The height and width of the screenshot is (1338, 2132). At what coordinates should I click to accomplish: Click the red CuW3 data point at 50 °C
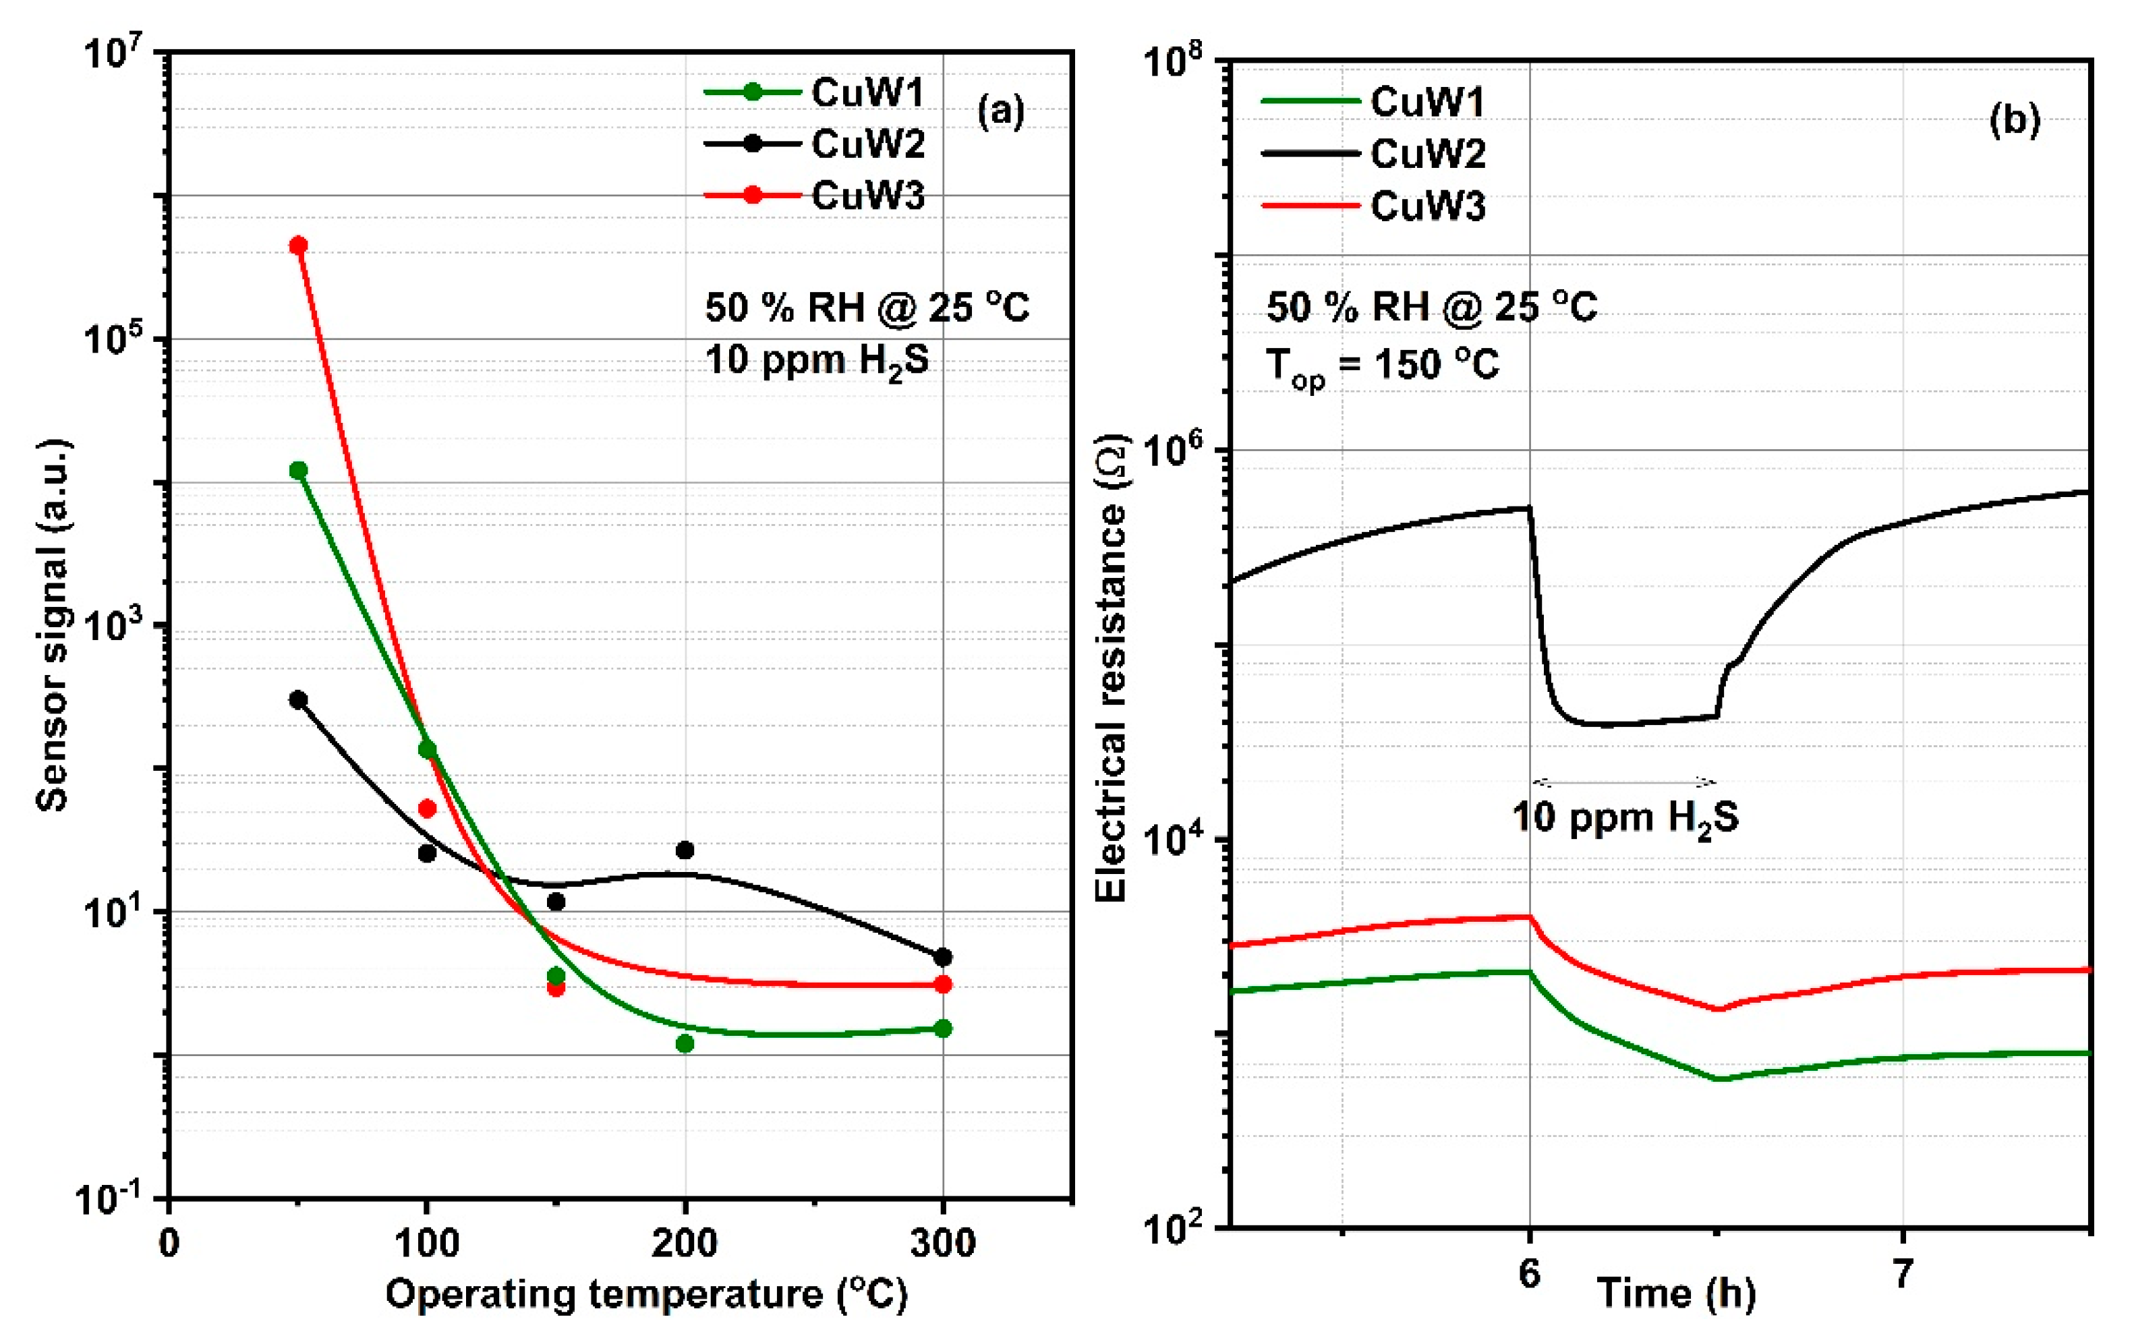coord(298,245)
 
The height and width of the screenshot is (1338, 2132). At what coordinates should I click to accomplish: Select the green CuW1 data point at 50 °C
coord(298,470)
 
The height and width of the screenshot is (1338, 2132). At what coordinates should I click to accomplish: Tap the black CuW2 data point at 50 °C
coord(298,700)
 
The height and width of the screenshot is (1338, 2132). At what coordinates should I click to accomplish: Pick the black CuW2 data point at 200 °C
coord(684,850)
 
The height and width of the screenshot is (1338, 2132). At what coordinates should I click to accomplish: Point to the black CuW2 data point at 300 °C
coord(942,958)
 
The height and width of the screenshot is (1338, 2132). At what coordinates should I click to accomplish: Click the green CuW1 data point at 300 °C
coord(942,1028)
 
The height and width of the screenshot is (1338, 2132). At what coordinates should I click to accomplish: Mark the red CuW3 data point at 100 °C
coord(426,809)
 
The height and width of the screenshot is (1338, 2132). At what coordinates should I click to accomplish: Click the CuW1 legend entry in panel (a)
coord(814,92)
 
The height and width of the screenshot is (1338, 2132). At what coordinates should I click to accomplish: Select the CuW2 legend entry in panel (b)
coord(1373,154)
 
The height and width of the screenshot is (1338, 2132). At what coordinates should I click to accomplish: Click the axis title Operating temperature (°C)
coord(646,1295)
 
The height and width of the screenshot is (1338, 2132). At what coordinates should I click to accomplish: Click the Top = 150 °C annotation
coord(1383,366)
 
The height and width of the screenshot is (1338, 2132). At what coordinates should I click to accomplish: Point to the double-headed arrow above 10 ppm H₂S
coord(1623,782)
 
